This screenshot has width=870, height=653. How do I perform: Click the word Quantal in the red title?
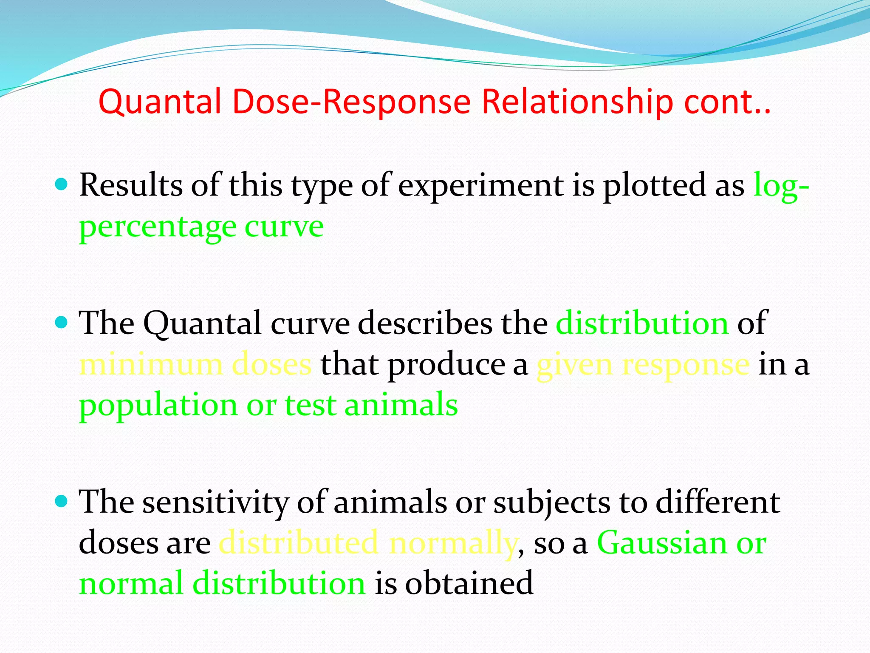point(160,102)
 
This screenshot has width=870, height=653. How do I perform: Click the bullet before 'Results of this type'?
point(62,184)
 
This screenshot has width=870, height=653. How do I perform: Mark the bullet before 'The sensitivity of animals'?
point(62,501)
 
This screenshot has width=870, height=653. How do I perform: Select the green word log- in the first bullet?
point(781,186)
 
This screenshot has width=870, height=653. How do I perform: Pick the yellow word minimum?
point(151,364)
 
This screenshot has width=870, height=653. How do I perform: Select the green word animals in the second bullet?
point(401,405)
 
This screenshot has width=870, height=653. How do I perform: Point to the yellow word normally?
point(453,544)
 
